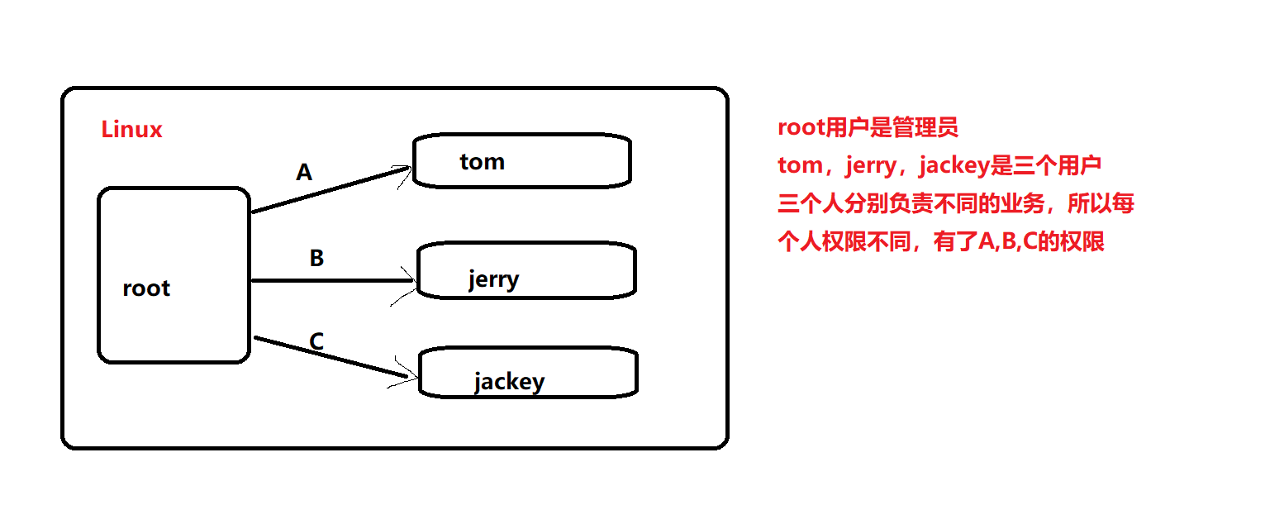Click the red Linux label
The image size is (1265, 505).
(x=131, y=130)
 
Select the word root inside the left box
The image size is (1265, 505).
(x=146, y=288)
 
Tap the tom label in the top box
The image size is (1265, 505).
(x=482, y=161)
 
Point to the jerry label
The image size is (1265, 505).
(x=493, y=279)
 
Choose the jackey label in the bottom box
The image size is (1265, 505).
(x=509, y=382)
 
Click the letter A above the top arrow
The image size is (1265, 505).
(x=304, y=173)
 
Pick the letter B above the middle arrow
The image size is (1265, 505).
(x=316, y=259)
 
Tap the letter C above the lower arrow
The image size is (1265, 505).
(x=316, y=341)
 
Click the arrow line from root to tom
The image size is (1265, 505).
(x=331, y=191)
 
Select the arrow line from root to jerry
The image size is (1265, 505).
(x=331, y=280)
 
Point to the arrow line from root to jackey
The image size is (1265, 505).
(x=331, y=357)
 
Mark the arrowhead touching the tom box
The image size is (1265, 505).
(x=404, y=171)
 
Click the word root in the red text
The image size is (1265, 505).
(x=801, y=128)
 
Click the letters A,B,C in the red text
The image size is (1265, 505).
(x=997, y=242)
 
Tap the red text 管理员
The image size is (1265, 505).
(x=931, y=128)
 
